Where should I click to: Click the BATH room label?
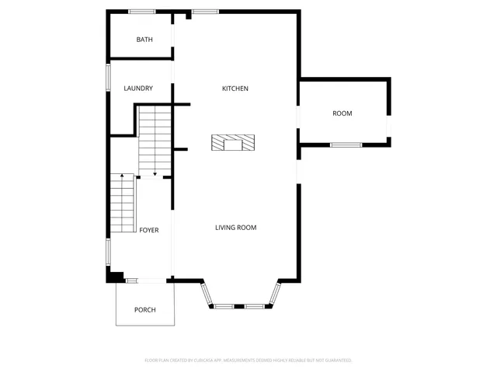tap(144, 40)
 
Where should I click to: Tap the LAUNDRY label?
tap(138, 89)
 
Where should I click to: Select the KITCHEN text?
tap(235, 89)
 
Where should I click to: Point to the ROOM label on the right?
tap(342, 113)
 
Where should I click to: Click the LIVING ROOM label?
tap(235, 228)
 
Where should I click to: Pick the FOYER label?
tap(149, 230)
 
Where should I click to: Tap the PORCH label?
tap(144, 310)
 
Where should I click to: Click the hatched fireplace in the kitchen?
tap(233, 143)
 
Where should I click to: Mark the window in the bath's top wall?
tap(141, 11)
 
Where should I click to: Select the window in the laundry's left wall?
tap(108, 78)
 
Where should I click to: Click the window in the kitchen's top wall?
tap(205, 11)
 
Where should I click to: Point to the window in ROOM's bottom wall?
tap(346, 145)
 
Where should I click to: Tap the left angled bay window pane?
tap(206, 295)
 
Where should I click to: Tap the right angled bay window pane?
tap(275, 295)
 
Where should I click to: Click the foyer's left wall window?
tap(108, 252)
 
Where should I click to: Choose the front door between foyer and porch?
tap(145, 280)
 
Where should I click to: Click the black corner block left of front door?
tap(114, 275)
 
